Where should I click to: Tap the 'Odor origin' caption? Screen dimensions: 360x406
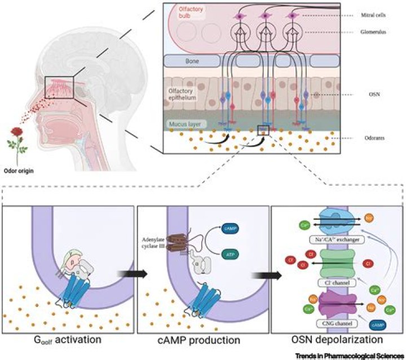(x=17, y=166)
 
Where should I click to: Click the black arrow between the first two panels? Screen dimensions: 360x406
(x=129, y=273)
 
